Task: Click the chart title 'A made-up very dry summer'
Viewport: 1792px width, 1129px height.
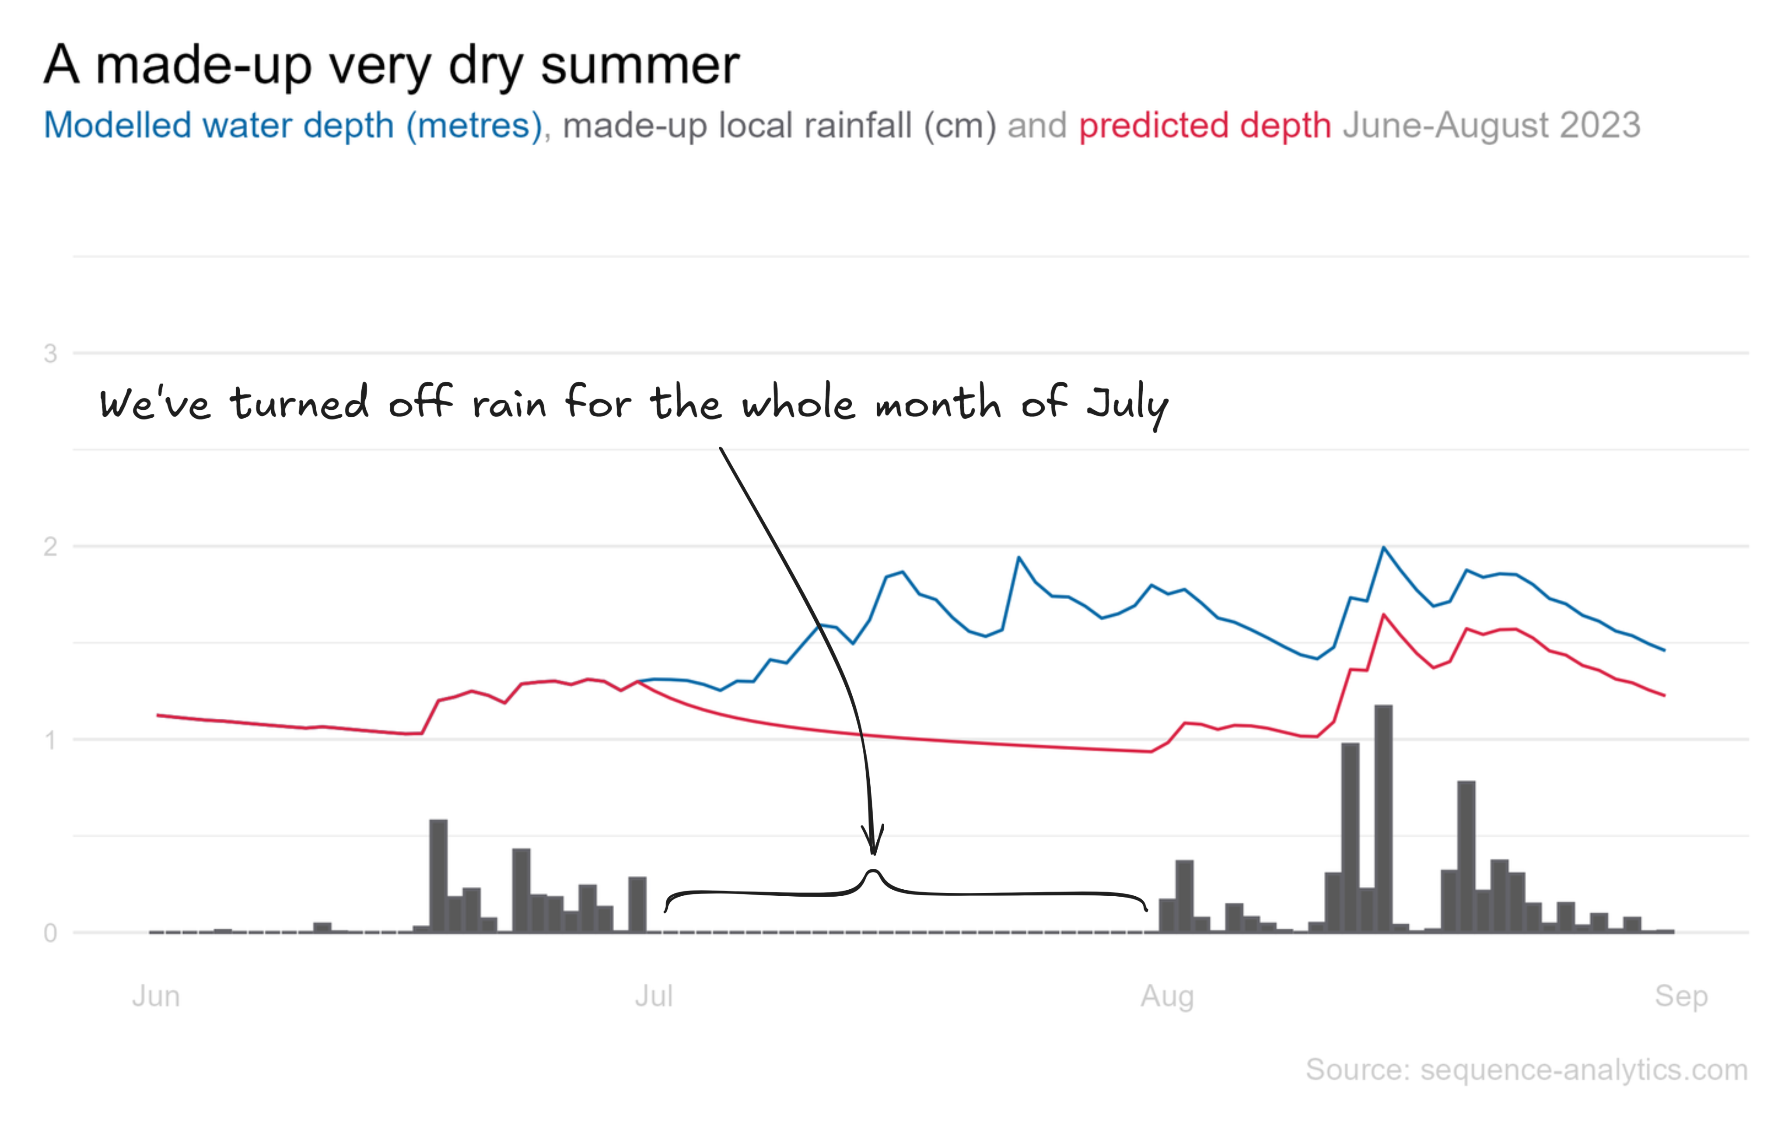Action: [391, 66]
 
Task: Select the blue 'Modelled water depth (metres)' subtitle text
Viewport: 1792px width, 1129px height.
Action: [292, 125]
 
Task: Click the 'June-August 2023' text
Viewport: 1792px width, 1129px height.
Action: [1491, 125]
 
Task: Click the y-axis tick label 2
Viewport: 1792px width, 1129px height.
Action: [51, 547]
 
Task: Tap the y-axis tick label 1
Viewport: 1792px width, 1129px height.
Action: [51, 741]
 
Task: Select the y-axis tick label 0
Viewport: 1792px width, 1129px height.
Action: [51, 933]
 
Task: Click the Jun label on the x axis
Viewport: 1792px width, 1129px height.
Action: [156, 996]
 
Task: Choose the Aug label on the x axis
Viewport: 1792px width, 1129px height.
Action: [1167, 996]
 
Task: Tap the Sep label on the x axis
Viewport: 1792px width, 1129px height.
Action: [1681, 996]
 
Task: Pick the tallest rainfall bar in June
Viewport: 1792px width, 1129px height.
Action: [439, 876]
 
